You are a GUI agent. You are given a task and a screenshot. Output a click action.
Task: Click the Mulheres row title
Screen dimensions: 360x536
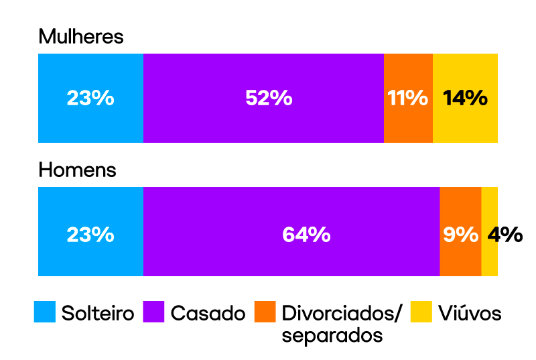(81, 37)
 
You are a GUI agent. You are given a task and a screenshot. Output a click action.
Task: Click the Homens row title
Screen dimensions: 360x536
(77, 170)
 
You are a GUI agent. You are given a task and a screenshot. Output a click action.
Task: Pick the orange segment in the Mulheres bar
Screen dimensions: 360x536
(408, 124)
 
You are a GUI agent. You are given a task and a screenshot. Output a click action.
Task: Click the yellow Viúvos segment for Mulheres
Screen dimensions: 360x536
(465, 124)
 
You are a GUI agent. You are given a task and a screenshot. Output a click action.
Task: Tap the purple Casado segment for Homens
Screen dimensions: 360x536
(291, 258)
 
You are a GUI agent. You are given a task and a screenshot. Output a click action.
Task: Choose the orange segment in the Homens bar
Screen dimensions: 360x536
(460, 258)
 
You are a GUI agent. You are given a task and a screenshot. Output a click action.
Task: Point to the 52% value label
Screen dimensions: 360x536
(269, 98)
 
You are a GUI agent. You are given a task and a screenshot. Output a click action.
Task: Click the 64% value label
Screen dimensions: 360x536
(306, 235)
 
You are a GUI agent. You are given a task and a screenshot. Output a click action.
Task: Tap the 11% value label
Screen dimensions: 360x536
(408, 98)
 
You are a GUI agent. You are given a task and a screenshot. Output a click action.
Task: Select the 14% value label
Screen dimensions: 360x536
(465, 98)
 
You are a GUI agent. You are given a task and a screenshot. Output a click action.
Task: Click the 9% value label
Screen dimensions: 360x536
(460, 235)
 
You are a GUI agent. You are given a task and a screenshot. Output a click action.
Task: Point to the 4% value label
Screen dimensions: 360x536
(505, 235)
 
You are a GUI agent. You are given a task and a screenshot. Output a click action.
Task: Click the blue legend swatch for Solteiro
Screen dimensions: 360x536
(44, 312)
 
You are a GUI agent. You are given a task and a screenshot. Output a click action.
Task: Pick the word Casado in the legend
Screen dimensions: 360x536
(208, 313)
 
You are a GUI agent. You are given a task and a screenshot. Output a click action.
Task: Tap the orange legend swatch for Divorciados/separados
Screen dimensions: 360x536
(265, 312)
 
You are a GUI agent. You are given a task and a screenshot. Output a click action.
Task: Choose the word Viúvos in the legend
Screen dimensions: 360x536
(470, 313)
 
